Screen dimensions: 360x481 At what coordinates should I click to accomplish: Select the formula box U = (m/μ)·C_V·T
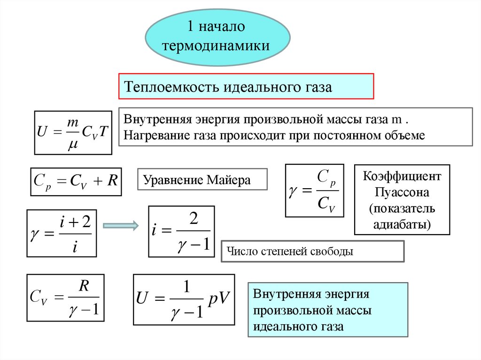click(x=73, y=132)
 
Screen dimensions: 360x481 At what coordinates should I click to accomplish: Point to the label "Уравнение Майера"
click(x=197, y=180)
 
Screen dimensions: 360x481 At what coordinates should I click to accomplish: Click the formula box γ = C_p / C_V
click(x=314, y=190)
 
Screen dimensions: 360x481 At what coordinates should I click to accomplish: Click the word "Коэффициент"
click(x=402, y=177)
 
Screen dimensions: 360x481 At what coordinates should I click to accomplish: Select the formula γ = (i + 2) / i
click(x=61, y=233)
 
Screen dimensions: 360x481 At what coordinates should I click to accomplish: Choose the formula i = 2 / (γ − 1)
click(x=181, y=231)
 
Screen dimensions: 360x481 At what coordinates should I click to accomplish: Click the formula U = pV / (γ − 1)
click(x=184, y=299)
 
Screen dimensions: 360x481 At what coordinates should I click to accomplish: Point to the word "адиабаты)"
click(x=402, y=223)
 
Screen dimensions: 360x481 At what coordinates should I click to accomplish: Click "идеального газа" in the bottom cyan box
click(x=298, y=326)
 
